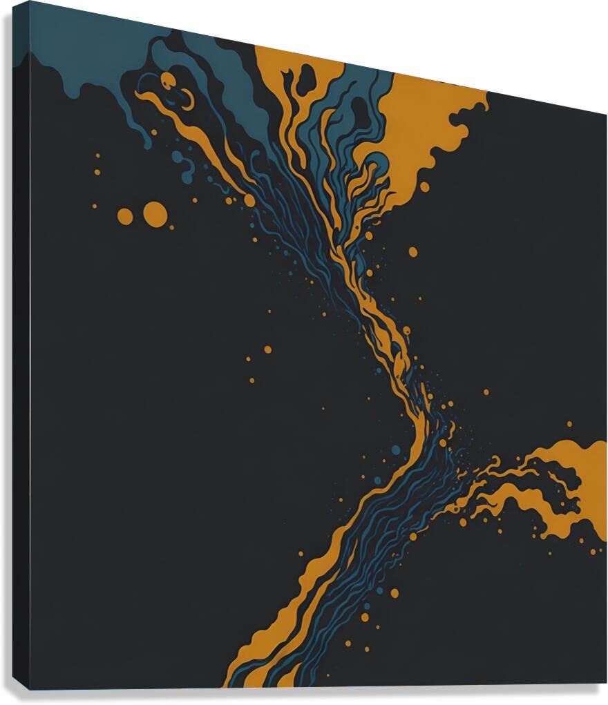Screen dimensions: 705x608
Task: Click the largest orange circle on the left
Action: (x=155, y=214)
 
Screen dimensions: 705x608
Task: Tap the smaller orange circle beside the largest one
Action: (x=125, y=216)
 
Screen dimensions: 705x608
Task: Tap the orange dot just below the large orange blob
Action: (x=424, y=186)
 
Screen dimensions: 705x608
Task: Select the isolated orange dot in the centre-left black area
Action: (x=267, y=349)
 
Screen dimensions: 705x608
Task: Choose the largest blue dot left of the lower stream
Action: (x=396, y=450)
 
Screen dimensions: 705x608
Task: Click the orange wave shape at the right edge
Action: (x=567, y=483)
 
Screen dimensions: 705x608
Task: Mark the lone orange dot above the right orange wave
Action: (x=569, y=424)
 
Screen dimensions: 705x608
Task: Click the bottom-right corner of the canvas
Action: (x=598, y=684)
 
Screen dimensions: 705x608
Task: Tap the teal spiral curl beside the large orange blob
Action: (x=377, y=166)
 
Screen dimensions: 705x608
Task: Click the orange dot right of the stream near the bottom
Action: (x=395, y=592)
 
